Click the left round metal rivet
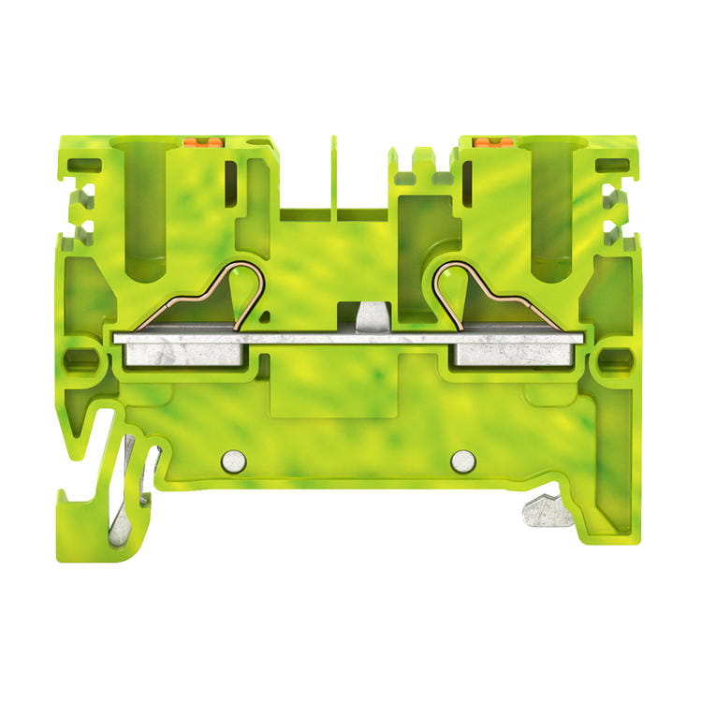[x=234, y=460]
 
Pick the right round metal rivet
[x=462, y=460]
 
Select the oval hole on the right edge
[x=615, y=357]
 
